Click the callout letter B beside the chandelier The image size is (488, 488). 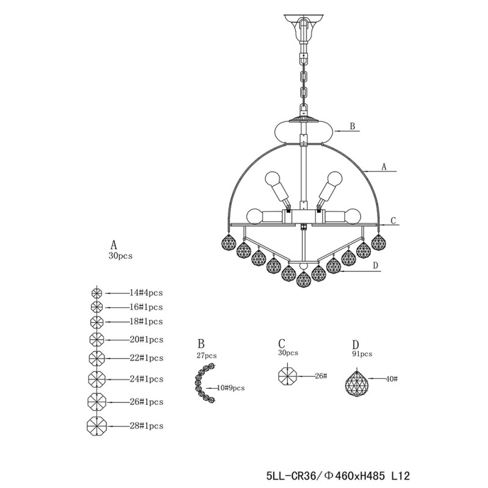tap(352, 127)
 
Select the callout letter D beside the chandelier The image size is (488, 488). tap(376, 265)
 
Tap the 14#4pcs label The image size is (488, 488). tap(146, 293)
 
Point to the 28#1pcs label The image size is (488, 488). tap(146, 425)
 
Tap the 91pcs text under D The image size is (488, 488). tap(362, 354)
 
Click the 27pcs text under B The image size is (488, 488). tap(207, 355)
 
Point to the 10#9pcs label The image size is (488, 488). tap(231, 388)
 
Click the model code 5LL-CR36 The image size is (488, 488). tap(290, 473)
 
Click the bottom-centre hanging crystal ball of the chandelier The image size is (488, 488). tap(303, 280)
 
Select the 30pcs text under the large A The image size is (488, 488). tap(120, 257)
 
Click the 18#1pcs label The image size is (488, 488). tap(146, 321)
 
